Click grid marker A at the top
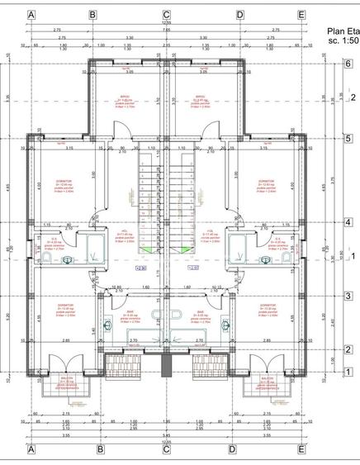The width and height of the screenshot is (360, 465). tap(31, 15)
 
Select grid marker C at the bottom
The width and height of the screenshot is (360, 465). tap(166, 449)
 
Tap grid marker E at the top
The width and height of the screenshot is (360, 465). tap(301, 15)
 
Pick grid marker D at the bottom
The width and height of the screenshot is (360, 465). tap(240, 449)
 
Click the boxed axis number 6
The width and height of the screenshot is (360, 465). tap(349, 64)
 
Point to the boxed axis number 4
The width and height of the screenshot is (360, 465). tap(349, 222)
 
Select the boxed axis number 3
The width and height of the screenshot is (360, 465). tap(349, 296)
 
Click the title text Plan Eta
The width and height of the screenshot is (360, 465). tap(343, 28)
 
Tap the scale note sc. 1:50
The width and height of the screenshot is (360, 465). tap(343, 39)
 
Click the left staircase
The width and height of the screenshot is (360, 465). tap(148, 198)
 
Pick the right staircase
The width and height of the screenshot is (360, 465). tap(184, 198)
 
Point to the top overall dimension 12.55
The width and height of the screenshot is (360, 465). tap(166, 24)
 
